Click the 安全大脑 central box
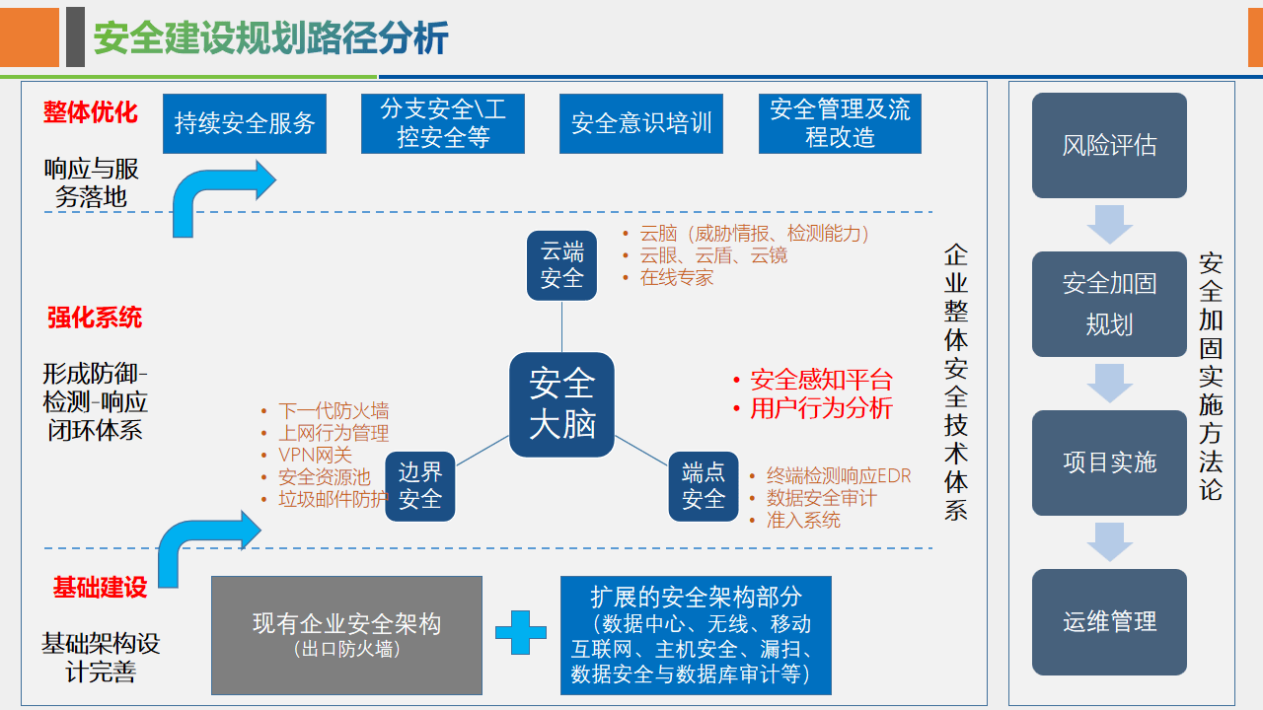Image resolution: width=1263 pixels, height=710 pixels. click(562, 404)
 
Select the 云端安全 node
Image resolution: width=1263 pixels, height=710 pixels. click(562, 265)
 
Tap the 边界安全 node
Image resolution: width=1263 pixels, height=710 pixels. click(420, 486)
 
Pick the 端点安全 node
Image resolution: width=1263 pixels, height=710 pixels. click(704, 486)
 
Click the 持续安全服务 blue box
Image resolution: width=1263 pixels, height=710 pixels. click(245, 123)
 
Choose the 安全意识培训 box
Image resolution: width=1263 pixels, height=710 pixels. click(641, 123)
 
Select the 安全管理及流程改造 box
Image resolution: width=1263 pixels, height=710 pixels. click(840, 123)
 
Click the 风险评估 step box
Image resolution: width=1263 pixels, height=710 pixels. click(1109, 146)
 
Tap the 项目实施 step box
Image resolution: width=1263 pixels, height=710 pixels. click(1109, 462)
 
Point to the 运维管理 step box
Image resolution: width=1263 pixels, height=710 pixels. click(1109, 622)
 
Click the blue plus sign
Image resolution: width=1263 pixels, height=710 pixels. click(521, 633)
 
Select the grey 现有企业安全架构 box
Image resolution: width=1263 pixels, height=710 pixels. click(347, 635)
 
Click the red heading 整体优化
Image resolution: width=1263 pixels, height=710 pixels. click(90, 111)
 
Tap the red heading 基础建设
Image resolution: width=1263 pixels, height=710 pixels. click(100, 588)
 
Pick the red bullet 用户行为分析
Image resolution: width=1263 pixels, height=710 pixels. click(821, 408)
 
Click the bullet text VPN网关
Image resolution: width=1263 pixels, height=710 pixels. click(315, 455)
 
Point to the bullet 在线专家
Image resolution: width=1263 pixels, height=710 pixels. click(676, 277)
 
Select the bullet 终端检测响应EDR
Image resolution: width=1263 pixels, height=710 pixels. click(839, 476)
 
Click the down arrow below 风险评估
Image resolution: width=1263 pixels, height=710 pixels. click(1109, 224)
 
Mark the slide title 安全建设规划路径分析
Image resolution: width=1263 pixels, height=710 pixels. click(271, 38)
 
